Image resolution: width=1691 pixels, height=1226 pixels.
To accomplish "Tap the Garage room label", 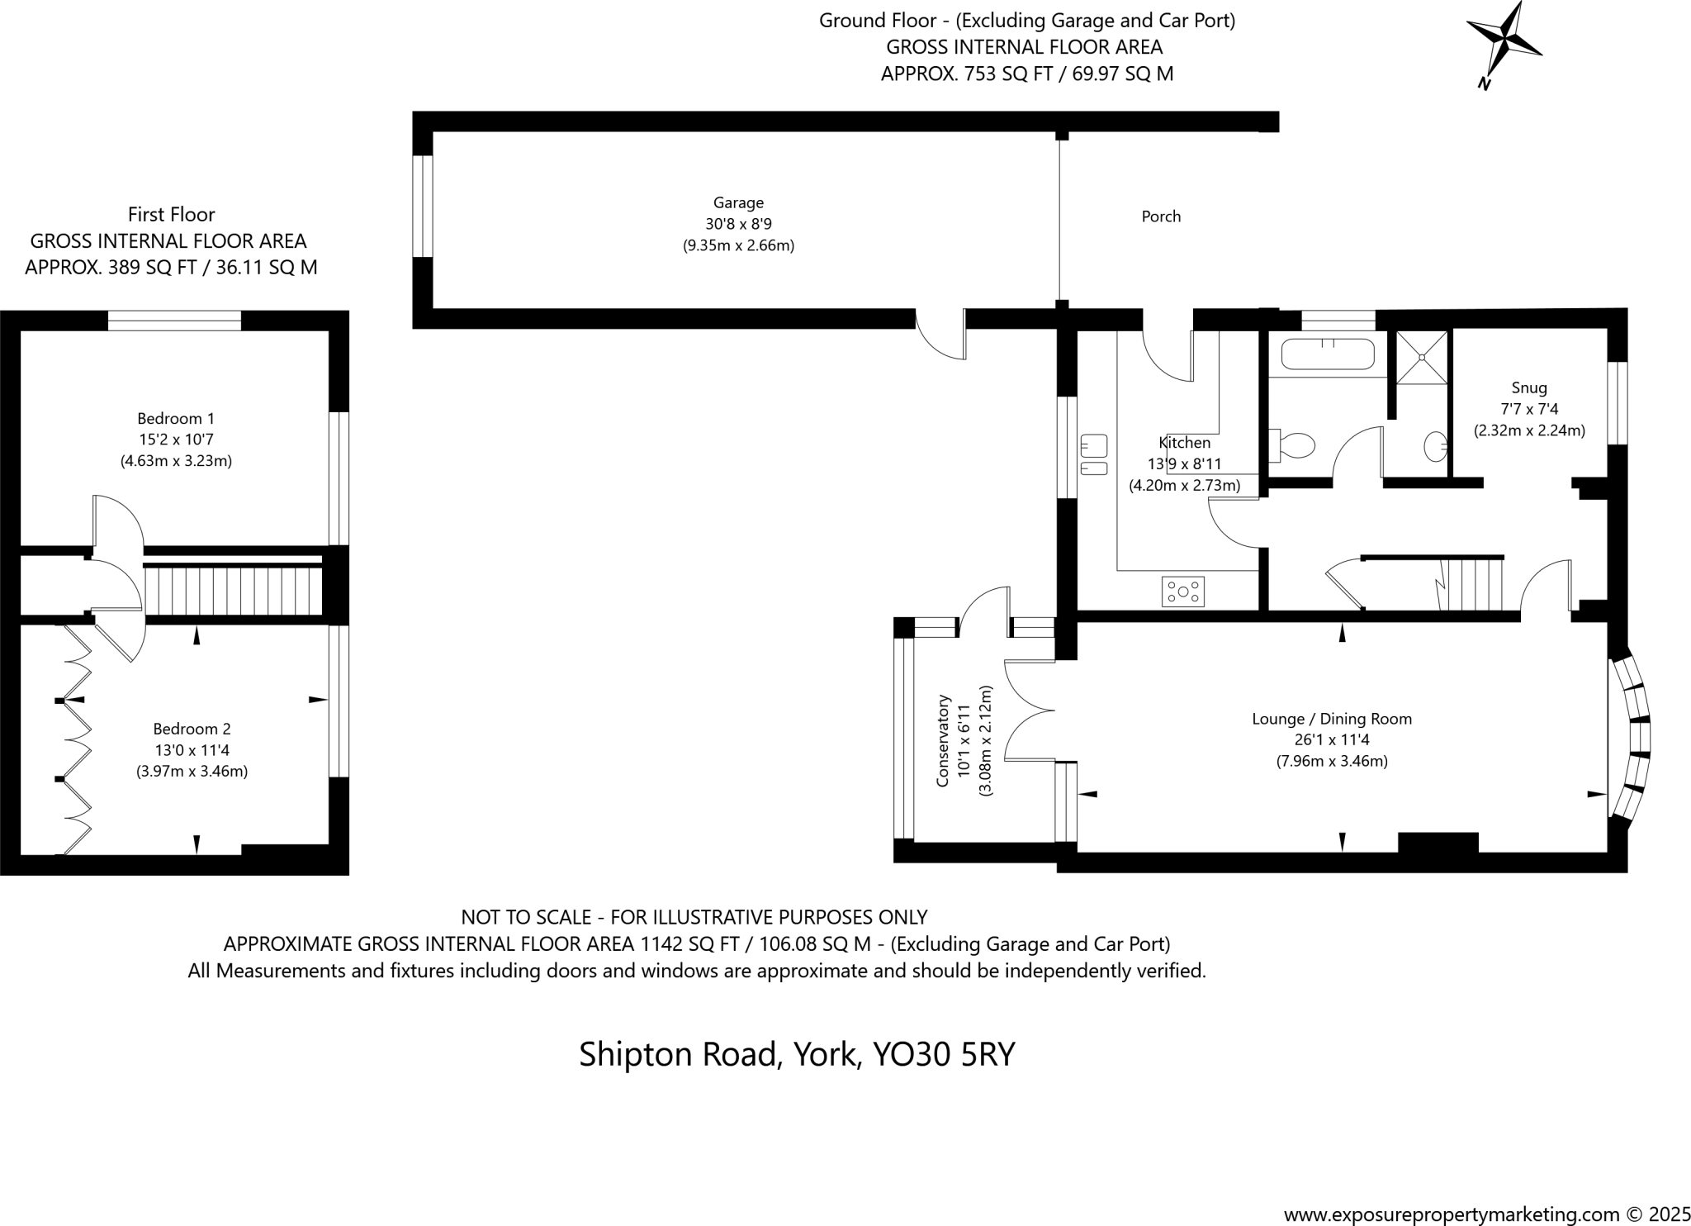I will point(738,203).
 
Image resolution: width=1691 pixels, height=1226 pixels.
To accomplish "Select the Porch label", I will point(1161,216).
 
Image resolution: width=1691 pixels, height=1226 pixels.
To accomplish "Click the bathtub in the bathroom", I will point(1328,354).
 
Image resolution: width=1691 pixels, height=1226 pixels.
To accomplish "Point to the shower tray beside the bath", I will point(1422,357).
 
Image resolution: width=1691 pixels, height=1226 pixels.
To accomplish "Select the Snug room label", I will point(1529,387).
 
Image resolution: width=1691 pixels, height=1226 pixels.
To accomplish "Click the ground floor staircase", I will point(1473,585).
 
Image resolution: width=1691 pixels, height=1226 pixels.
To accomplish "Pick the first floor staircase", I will point(234,590).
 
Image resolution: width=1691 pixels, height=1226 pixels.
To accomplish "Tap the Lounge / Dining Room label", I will point(1332,719).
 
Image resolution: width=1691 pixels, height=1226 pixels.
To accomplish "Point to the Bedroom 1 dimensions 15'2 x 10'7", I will point(176,440).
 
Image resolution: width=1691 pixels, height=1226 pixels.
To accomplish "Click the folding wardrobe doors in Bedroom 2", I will point(76,740).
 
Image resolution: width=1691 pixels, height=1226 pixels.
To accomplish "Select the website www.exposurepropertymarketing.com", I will point(1452,1214).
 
